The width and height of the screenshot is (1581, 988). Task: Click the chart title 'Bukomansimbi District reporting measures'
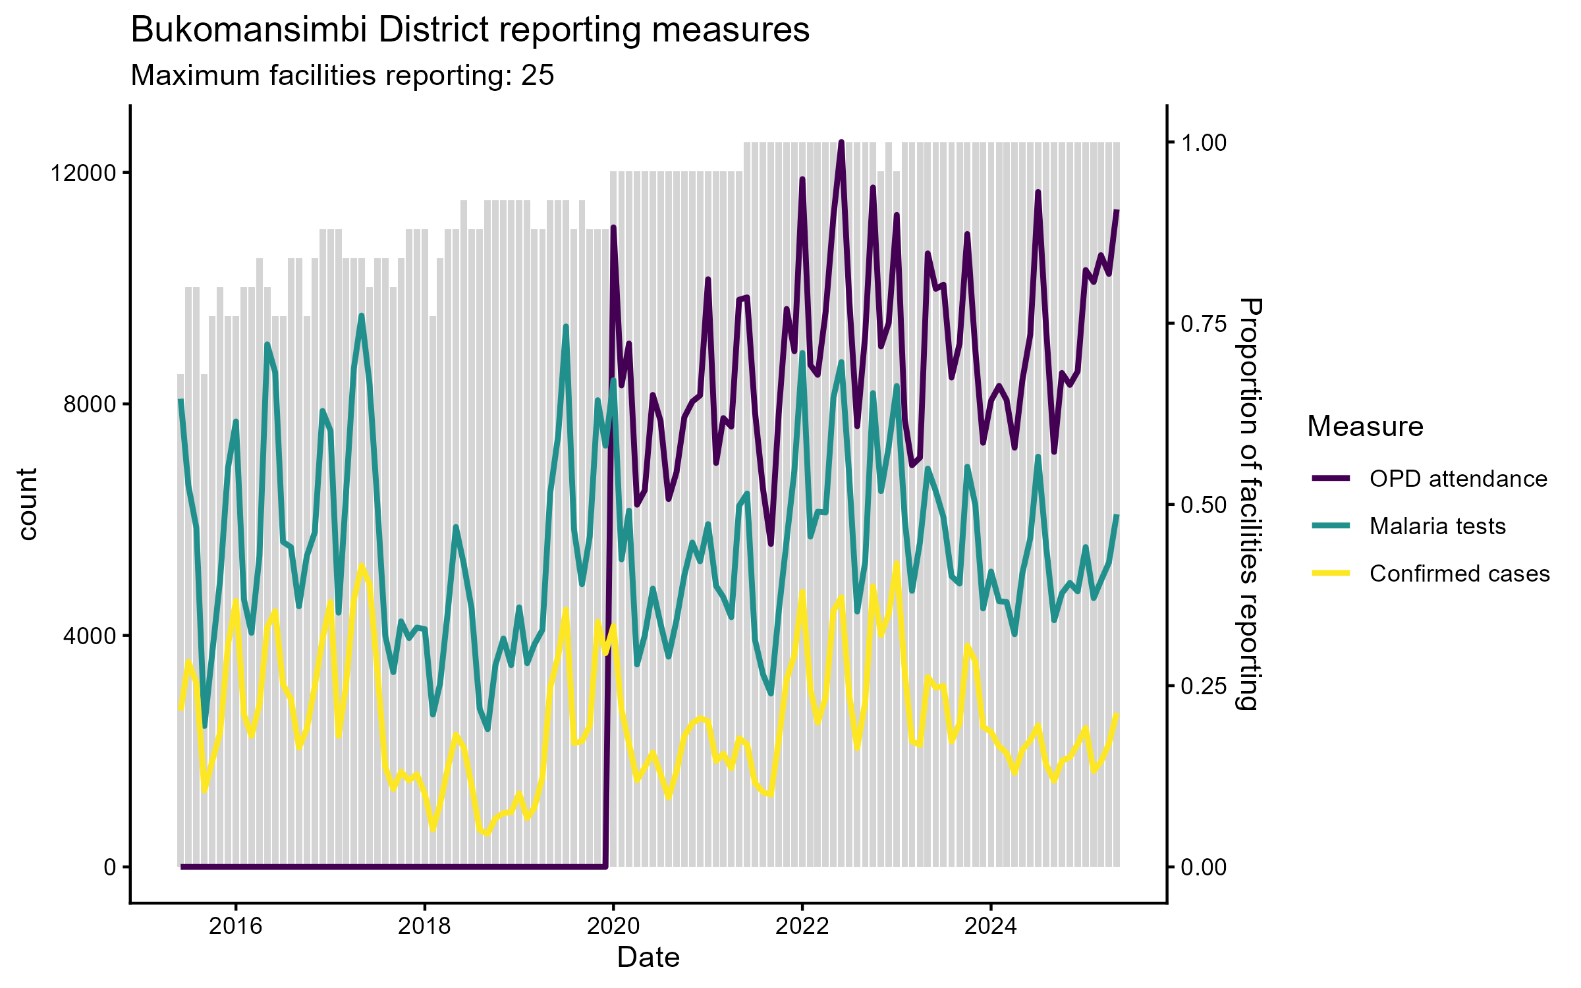point(470,30)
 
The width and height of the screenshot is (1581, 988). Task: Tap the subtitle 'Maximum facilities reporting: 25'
point(343,76)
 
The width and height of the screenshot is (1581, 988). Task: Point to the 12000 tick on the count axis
point(83,173)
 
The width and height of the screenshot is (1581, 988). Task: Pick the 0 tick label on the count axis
point(110,867)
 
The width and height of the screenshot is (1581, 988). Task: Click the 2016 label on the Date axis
point(236,927)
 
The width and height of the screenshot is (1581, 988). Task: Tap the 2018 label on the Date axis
point(425,927)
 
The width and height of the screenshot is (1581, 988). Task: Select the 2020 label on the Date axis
point(613,927)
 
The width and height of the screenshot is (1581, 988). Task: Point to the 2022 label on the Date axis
point(802,927)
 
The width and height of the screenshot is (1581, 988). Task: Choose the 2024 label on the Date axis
point(991,927)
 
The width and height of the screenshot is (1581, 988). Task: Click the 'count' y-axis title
point(28,504)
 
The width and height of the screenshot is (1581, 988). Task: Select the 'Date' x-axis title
point(648,958)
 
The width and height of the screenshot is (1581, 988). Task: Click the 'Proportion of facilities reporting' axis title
point(1249,504)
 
